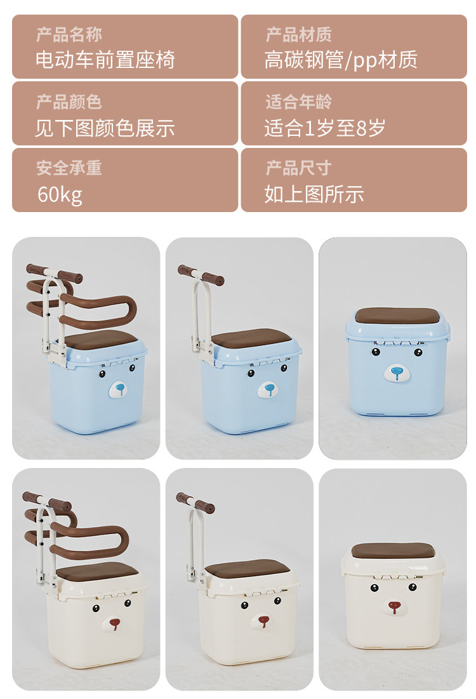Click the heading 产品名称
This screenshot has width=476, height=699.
coord(69,34)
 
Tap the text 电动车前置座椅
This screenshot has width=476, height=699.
coord(105,60)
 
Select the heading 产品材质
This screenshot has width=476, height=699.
coord(299,34)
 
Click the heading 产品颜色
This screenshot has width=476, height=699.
coord(69,102)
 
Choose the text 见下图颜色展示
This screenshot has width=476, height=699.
coord(105,128)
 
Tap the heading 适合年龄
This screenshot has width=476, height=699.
coord(299,102)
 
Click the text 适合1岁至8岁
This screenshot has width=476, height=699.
coord(325,128)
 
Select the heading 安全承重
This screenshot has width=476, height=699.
coord(69,168)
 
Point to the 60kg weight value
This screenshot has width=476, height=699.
coord(60,195)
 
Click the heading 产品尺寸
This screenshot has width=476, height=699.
coord(299,168)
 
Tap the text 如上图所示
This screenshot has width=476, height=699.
coord(314,194)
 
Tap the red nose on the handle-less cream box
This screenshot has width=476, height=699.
coord(394,607)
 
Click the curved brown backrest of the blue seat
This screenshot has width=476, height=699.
coord(129,307)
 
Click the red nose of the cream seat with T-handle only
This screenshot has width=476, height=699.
coord(263,620)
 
